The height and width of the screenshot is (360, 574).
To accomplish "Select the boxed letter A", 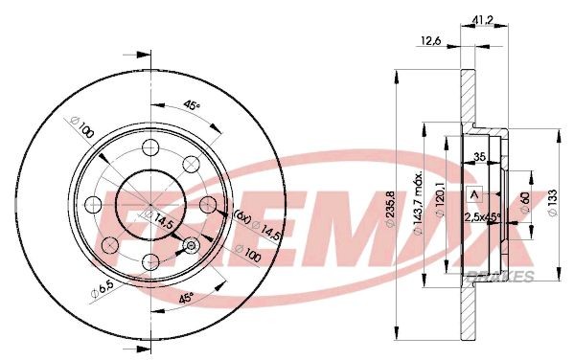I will coord(472,196).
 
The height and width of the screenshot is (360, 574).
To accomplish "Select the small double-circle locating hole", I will coord(191,246).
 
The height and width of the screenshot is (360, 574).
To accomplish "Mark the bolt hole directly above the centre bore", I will coord(150,147).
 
